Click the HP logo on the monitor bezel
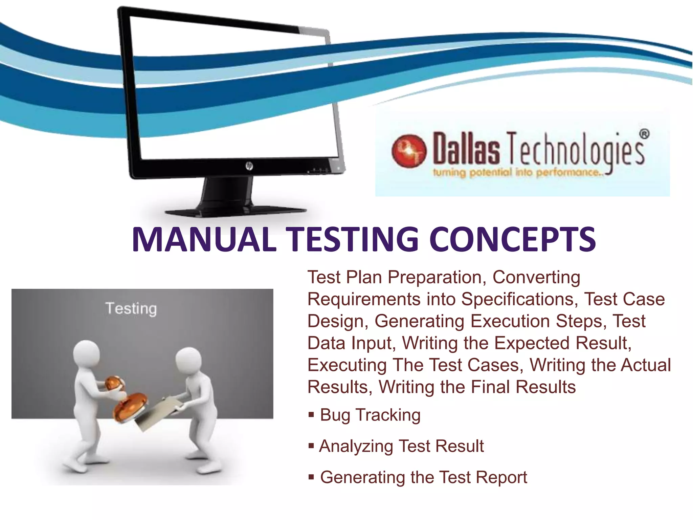[x=249, y=166]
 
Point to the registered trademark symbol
[x=644, y=134]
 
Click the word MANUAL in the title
[x=204, y=240]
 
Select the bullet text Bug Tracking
[x=370, y=415]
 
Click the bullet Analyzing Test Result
[x=401, y=446]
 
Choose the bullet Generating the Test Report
[x=423, y=477]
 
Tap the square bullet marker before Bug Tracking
[x=311, y=414]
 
